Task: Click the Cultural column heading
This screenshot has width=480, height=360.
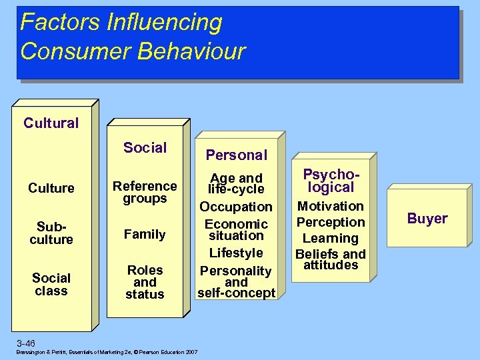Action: (x=51, y=123)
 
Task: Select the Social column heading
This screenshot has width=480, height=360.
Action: (x=145, y=148)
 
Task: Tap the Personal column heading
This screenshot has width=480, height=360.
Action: (x=236, y=155)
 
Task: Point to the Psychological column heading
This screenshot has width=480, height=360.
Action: (x=330, y=181)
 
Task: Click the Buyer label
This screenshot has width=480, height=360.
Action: (x=427, y=218)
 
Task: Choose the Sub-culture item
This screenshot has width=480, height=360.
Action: (x=51, y=233)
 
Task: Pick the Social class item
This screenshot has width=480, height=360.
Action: (x=51, y=284)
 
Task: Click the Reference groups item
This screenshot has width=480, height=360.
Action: (x=145, y=192)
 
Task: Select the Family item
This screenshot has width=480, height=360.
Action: (x=145, y=234)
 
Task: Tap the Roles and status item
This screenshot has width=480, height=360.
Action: (x=145, y=282)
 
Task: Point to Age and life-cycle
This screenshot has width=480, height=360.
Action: (x=236, y=183)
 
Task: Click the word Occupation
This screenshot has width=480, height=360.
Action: (x=236, y=207)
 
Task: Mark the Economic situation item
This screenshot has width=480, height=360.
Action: (x=236, y=230)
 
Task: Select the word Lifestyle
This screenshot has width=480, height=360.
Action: (x=236, y=253)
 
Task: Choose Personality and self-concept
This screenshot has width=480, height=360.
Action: (x=236, y=282)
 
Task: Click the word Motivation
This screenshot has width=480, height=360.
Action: (x=331, y=206)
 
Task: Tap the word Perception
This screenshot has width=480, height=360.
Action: (x=331, y=222)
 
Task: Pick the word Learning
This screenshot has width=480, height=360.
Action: (x=331, y=238)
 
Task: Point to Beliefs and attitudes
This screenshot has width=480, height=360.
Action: (x=331, y=259)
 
